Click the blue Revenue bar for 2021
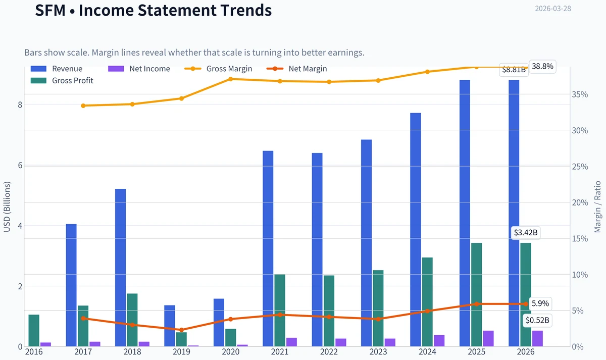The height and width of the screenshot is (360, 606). (268, 248)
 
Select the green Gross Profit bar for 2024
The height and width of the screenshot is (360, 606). (427, 302)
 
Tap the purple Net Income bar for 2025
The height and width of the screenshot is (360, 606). (488, 338)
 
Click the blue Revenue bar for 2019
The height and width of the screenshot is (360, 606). (170, 326)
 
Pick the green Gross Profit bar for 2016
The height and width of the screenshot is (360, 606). (34, 331)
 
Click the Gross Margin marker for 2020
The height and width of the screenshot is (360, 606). (231, 79)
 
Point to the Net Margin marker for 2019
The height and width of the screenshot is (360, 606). (181, 330)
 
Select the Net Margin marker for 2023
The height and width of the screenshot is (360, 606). (378, 319)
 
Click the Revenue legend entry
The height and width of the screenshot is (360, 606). (57, 69)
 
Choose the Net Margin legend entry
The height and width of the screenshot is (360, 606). (297, 69)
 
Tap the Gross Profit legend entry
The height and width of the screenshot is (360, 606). (62, 81)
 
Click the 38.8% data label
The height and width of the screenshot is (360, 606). (542, 66)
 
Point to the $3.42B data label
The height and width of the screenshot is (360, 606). (526, 233)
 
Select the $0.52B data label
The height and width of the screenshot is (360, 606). (537, 320)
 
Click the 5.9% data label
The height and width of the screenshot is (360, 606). (540, 303)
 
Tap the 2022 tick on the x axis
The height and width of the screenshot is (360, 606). (329, 352)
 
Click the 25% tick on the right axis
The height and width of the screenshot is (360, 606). (580, 167)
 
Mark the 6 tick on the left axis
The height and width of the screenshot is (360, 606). (20, 165)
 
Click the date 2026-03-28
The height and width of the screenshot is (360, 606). (553, 9)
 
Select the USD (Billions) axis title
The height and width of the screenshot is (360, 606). (7, 207)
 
